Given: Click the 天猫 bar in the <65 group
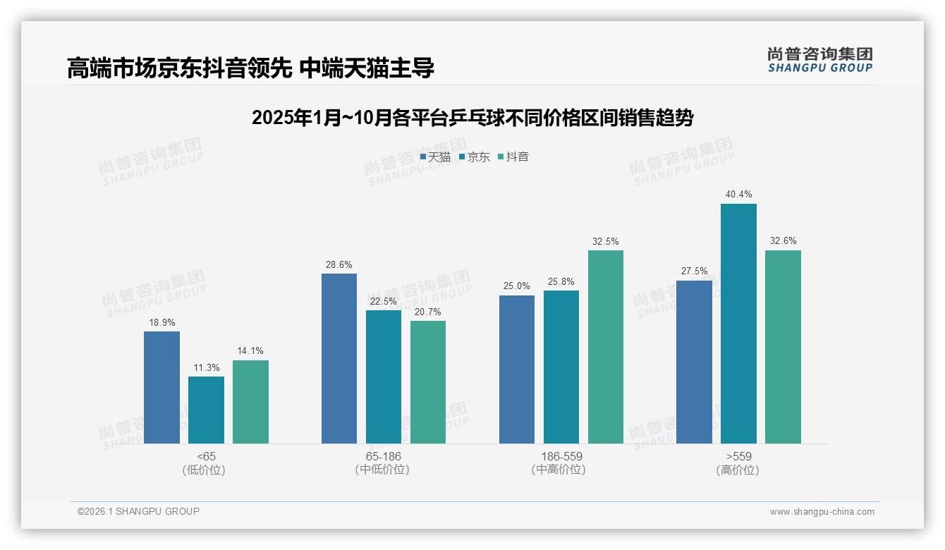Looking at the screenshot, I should pyautogui.click(x=161, y=387).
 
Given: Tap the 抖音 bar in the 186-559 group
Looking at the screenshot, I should pyautogui.click(x=606, y=346).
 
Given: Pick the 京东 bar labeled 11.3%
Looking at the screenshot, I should pyautogui.click(x=206, y=410).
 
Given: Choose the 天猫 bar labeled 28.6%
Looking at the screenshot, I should pyautogui.click(x=339, y=358).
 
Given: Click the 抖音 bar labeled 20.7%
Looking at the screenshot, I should pyautogui.click(x=428, y=381).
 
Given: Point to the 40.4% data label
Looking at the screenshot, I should pyautogui.click(x=738, y=194).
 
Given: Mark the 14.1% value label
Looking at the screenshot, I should pyautogui.click(x=250, y=350).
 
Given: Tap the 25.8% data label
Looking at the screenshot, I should pyautogui.click(x=561, y=281).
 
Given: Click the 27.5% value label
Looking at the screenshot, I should pyautogui.click(x=694, y=271).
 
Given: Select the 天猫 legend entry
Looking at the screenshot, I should pyautogui.click(x=435, y=157).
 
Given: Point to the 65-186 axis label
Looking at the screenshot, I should pyautogui.click(x=383, y=456).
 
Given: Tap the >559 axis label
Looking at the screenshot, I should pyautogui.click(x=738, y=456).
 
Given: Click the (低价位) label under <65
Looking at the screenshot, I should pyautogui.click(x=206, y=470).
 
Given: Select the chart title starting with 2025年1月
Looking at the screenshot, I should pyautogui.click(x=472, y=118).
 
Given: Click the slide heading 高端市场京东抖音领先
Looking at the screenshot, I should pyautogui.click(x=250, y=68).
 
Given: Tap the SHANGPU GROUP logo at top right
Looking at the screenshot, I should pyautogui.click(x=819, y=60).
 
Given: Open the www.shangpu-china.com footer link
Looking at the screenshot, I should pyautogui.click(x=822, y=512).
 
